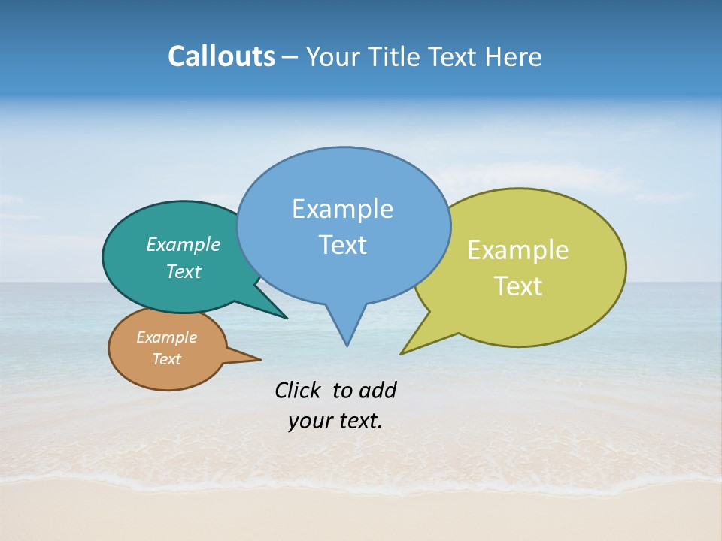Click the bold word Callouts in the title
click(221, 57)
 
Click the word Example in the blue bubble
click(342, 209)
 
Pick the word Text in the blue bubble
click(342, 245)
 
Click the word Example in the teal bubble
click(184, 244)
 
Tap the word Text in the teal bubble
click(184, 271)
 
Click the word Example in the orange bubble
click(166, 337)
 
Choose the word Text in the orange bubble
click(166, 359)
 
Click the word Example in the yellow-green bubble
click(518, 250)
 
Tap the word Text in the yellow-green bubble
click(518, 286)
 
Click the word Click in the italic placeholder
click(299, 390)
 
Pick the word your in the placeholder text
click(309, 421)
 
